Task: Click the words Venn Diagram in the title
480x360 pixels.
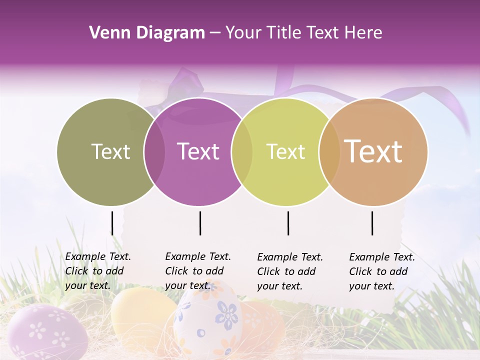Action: pos(147,33)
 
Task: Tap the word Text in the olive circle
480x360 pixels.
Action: pos(110,151)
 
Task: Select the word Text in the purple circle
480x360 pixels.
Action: pos(198,151)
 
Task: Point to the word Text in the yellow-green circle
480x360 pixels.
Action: pos(285,151)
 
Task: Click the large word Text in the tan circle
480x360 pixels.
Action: pos(373,151)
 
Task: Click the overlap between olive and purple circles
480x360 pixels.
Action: pos(154,151)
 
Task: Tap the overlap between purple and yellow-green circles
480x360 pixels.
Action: pos(242,151)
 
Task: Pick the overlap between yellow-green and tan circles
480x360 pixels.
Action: pos(329,151)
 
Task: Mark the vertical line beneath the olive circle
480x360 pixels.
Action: pos(112,223)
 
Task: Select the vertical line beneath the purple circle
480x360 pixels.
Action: pos(200,223)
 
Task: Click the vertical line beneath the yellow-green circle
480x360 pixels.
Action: pos(288,223)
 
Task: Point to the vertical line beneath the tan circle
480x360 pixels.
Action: pos(372,223)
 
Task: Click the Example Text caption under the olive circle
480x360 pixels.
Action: pos(98,271)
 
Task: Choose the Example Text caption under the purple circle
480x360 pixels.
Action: pos(198,271)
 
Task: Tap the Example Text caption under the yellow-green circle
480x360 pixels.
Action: pos(290,271)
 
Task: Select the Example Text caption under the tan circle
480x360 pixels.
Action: pos(382,271)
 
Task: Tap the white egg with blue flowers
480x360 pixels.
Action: pos(207,320)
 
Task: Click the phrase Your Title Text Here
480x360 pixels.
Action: pos(303,33)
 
